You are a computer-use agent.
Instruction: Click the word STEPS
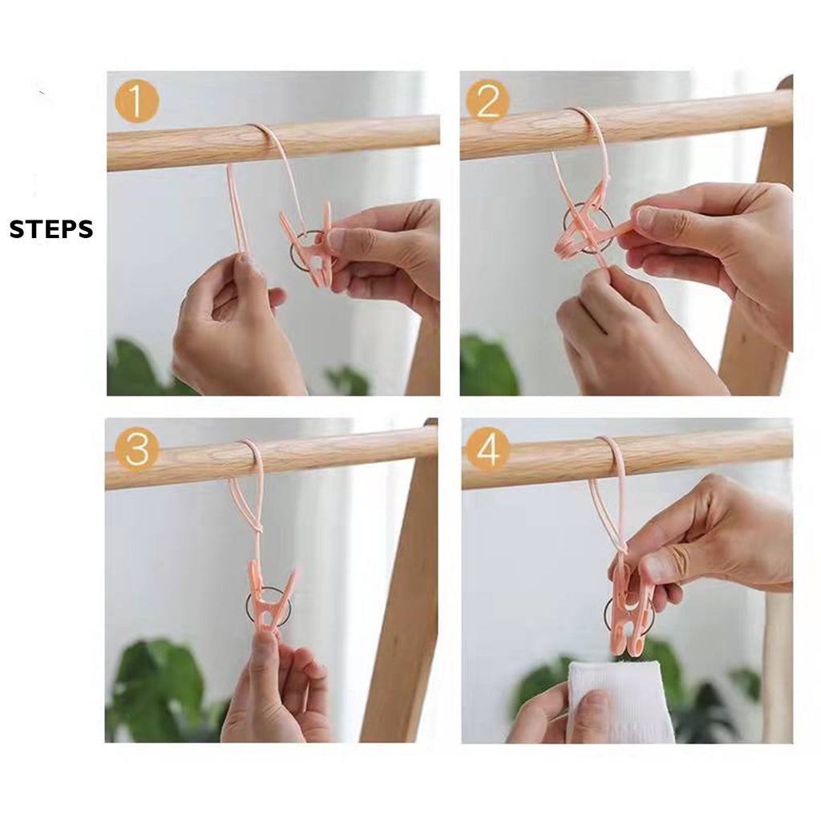pyautogui.click(x=51, y=229)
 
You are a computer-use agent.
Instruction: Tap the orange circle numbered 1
pyautogui.click(x=136, y=101)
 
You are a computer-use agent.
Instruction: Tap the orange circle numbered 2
pyautogui.click(x=487, y=101)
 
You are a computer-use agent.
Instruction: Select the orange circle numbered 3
pyautogui.click(x=137, y=449)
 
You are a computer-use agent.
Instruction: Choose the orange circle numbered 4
pyautogui.click(x=488, y=449)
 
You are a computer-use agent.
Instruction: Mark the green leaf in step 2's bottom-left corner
pyautogui.click(x=487, y=366)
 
